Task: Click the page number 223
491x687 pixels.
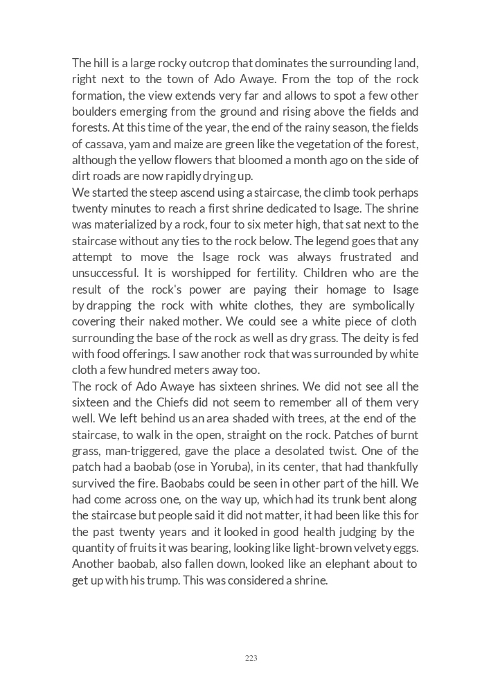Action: (x=251, y=658)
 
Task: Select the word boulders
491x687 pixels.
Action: (x=94, y=111)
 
